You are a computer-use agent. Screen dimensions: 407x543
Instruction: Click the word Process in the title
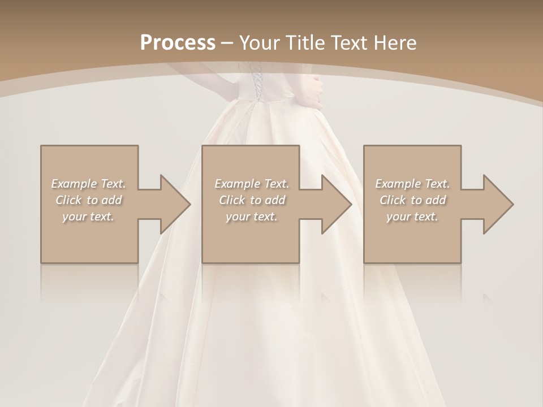tap(178, 43)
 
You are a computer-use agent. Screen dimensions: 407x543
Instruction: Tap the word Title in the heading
tap(304, 43)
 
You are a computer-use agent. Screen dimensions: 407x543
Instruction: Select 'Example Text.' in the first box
tap(88, 184)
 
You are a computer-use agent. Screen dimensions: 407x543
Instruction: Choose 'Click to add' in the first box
tap(88, 200)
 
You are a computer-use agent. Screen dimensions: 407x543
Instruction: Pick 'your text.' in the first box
tap(88, 217)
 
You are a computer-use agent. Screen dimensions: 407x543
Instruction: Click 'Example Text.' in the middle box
tap(252, 184)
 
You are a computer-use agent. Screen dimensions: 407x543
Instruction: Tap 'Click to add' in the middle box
tap(252, 200)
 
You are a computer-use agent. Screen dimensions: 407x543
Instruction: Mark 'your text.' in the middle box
tap(252, 217)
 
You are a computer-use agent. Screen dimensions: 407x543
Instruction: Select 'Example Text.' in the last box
tap(412, 184)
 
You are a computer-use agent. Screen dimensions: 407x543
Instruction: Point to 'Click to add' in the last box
tap(412, 200)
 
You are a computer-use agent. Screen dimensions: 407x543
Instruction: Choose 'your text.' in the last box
tap(412, 217)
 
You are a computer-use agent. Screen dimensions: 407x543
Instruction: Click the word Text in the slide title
tap(350, 43)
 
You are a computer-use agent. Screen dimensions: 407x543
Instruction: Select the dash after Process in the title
tap(227, 43)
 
